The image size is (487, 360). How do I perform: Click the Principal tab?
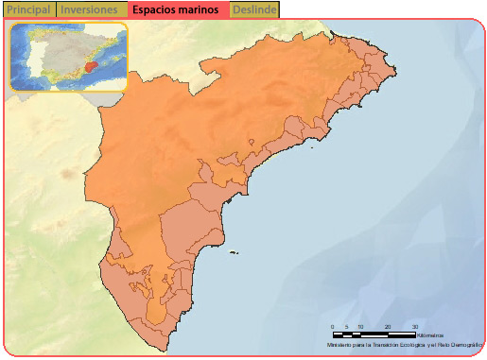click(28, 9)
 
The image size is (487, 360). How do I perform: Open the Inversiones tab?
click(90, 9)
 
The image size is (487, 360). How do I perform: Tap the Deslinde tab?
click(252, 9)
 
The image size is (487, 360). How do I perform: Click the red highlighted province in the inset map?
click(91, 66)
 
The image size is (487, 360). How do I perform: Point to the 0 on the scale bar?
click(332, 326)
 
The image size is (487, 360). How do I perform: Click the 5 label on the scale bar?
click(346, 326)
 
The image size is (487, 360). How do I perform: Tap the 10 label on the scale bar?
click(360, 326)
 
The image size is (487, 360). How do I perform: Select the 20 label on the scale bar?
click(388, 326)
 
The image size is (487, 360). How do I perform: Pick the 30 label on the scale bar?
click(415, 326)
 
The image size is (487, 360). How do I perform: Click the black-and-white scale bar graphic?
click(374, 334)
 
